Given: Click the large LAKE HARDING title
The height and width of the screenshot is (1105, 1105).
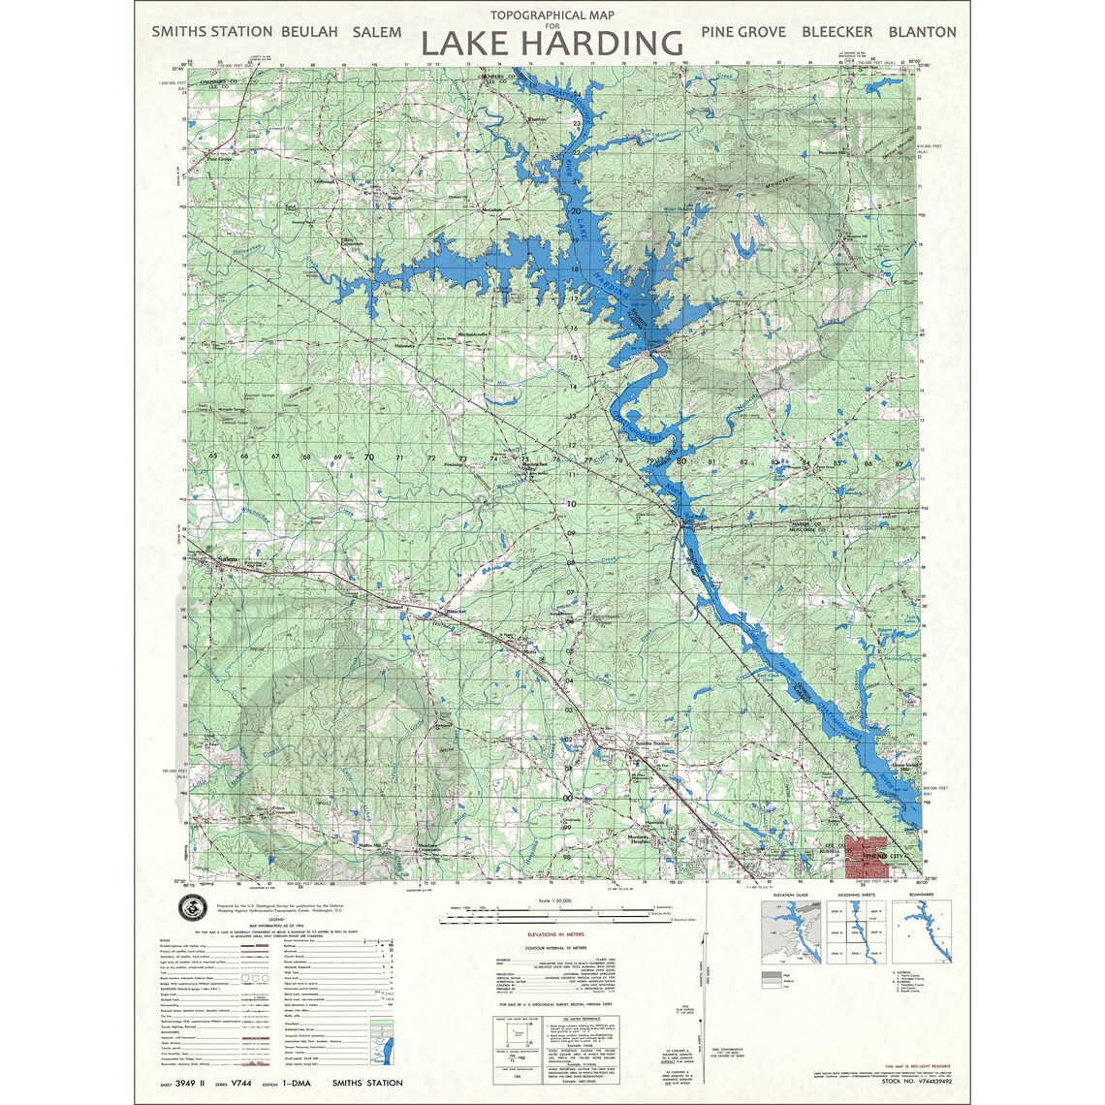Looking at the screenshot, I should [x=552, y=44].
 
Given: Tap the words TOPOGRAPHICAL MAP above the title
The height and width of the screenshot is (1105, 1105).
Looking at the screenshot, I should [x=552, y=16].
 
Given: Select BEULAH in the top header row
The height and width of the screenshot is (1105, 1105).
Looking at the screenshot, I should [x=309, y=32].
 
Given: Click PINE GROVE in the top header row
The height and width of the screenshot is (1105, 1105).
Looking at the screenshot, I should [x=743, y=32].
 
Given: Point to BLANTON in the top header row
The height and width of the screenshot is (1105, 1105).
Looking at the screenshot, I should [x=922, y=32].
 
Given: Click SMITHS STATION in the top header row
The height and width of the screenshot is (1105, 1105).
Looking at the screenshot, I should [x=211, y=32].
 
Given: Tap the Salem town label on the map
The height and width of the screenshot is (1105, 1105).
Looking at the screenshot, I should [x=228, y=559].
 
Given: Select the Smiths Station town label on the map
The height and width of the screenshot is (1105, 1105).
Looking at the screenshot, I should [x=651, y=743].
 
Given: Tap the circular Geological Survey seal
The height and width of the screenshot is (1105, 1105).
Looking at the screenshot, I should [x=192, y=908].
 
